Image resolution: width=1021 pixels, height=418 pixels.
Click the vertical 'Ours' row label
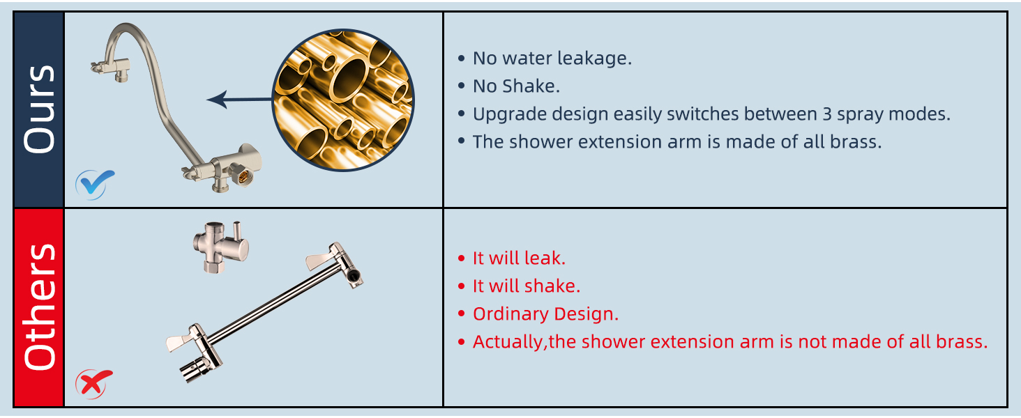tap(39, 109)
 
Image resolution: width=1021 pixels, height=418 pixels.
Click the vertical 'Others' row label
tap(39, 307)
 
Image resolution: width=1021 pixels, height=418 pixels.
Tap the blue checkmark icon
tap(95, 184)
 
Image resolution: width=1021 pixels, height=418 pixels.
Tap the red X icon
tap(94, 382)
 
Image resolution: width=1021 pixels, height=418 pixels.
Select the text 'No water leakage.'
tap(552, 59)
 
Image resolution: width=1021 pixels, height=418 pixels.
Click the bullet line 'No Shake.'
tap(516, 86)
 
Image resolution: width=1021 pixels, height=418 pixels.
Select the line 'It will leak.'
tap(519, 258)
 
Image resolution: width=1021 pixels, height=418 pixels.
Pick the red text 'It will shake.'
tap(527, 286)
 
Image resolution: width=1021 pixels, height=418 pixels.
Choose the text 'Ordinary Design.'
tap(545, 314)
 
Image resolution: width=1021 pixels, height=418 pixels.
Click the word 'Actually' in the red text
tap(507, 342)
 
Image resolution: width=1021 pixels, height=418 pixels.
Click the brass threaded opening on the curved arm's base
tap(243, 178)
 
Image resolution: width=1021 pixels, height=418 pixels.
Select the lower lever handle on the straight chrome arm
tap(183, 340)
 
